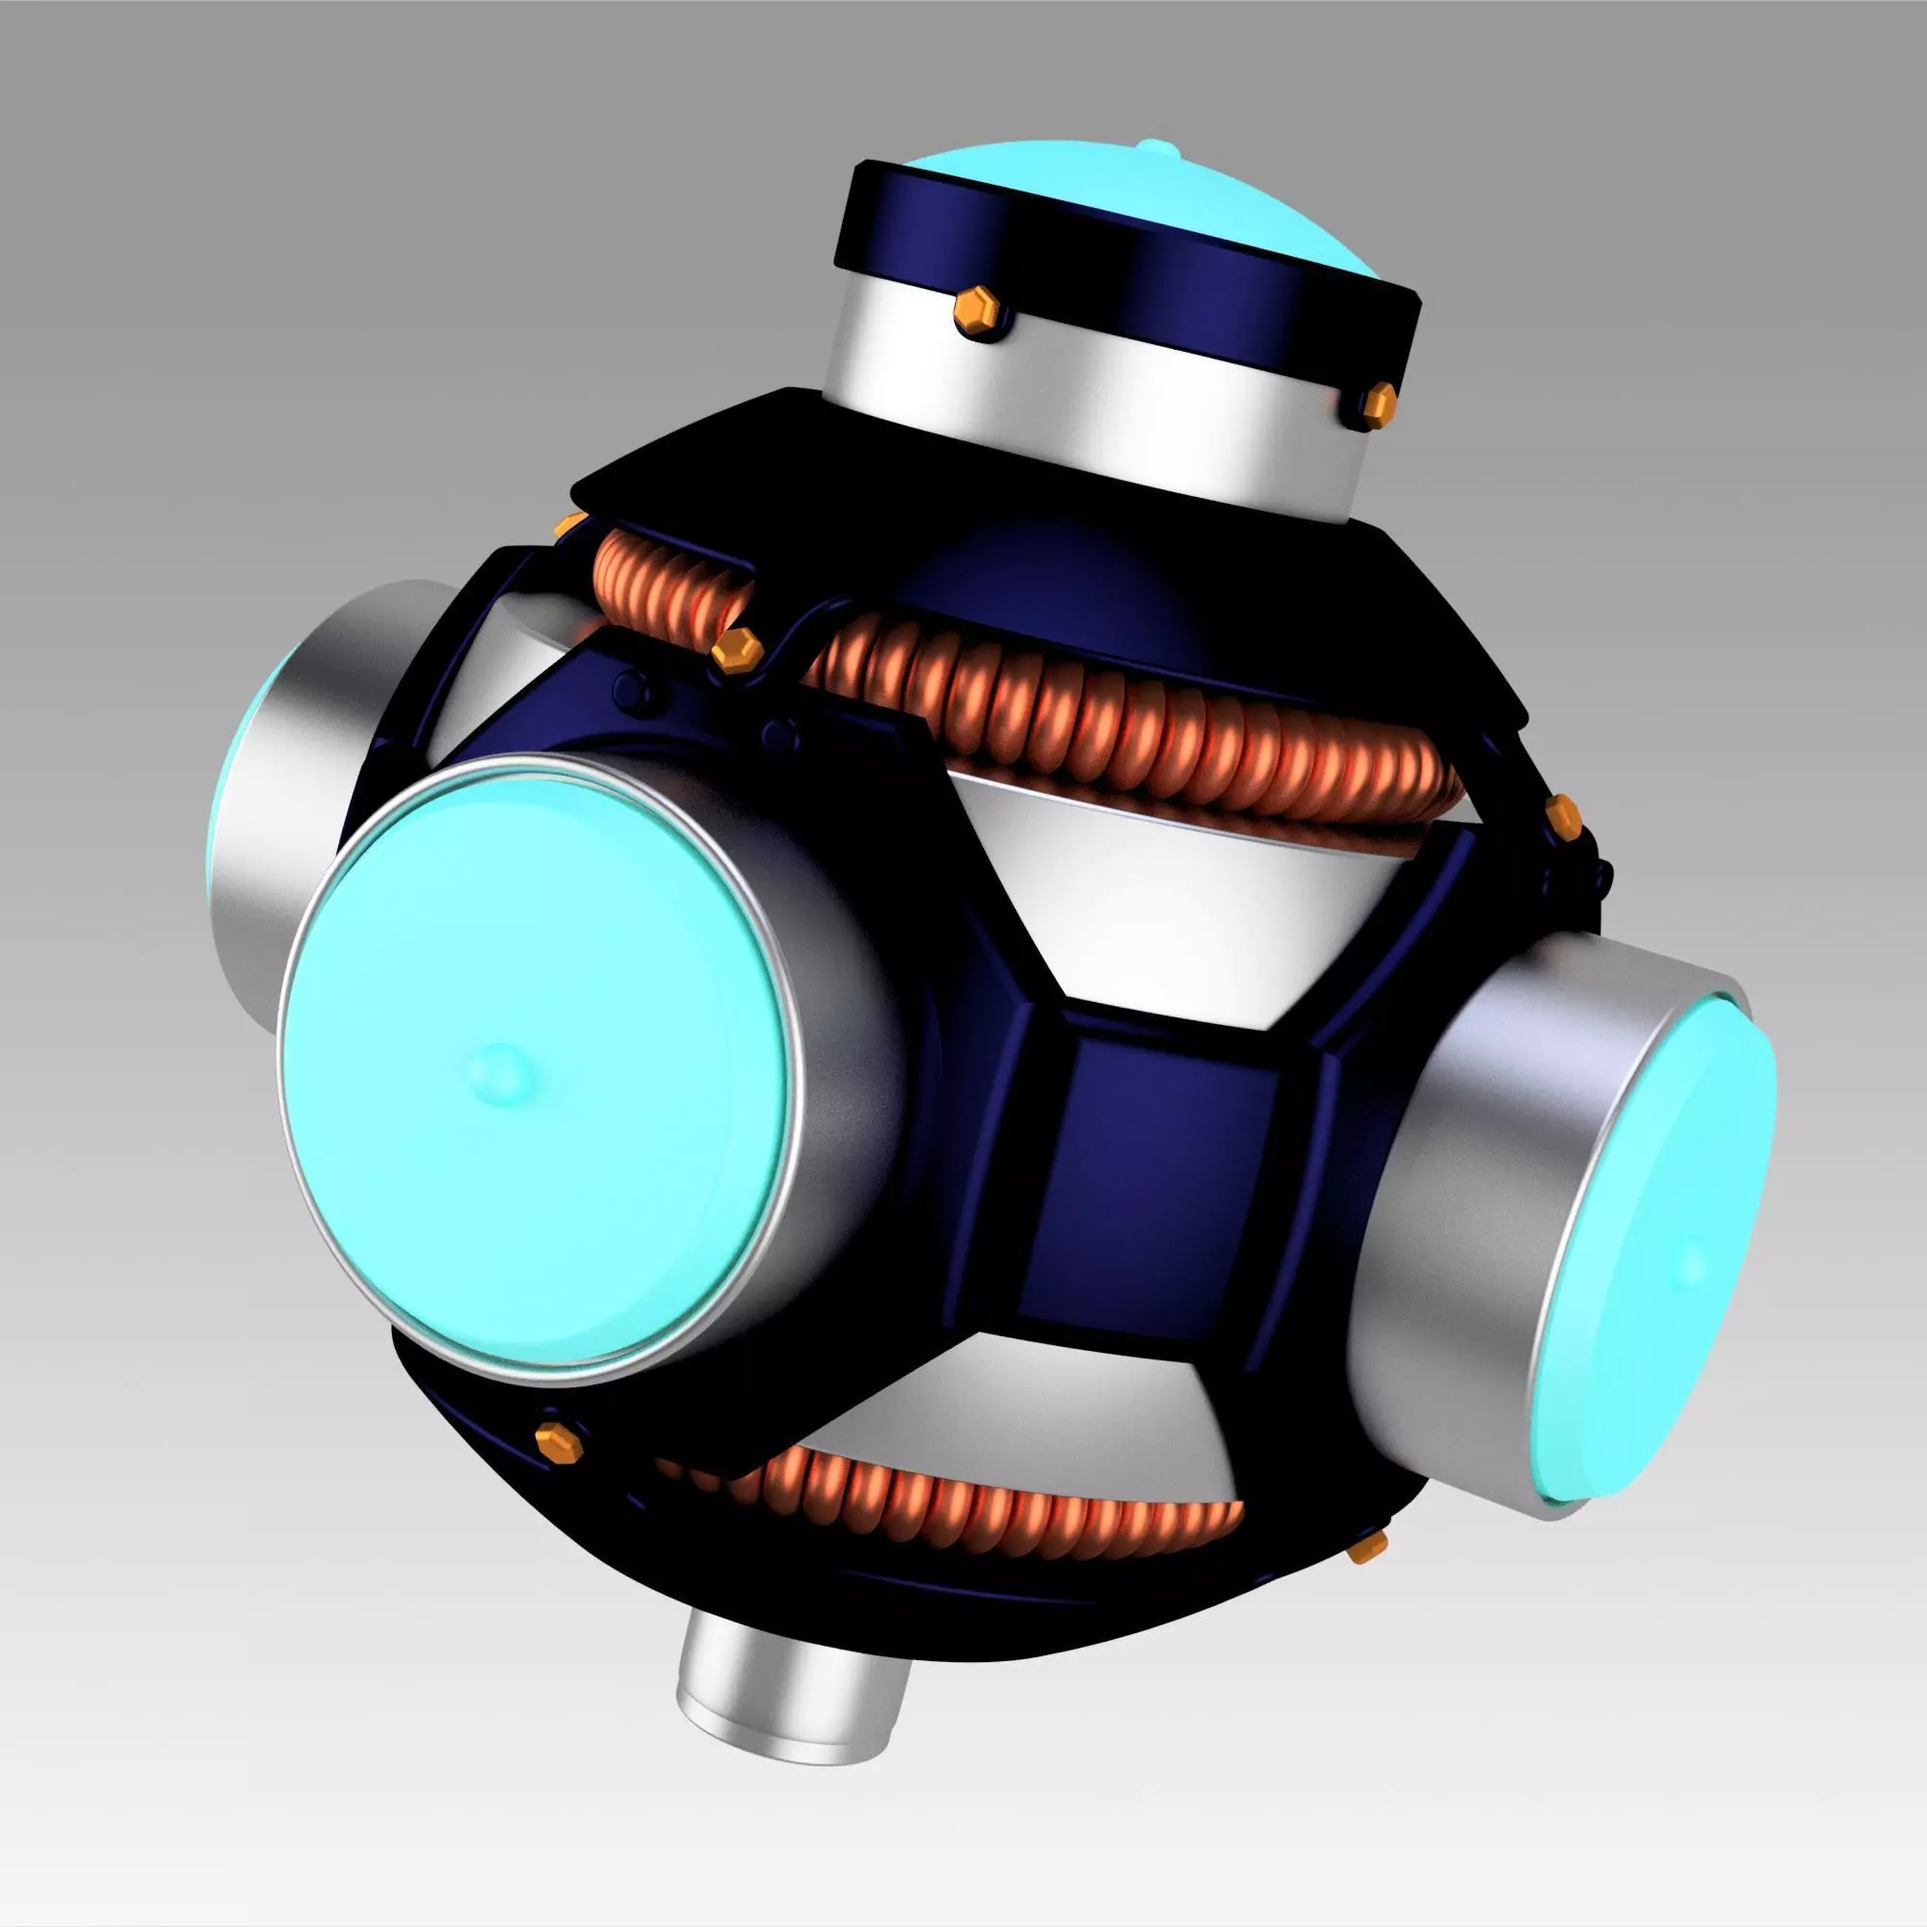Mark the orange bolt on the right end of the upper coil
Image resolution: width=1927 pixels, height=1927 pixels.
(1562, 815)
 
